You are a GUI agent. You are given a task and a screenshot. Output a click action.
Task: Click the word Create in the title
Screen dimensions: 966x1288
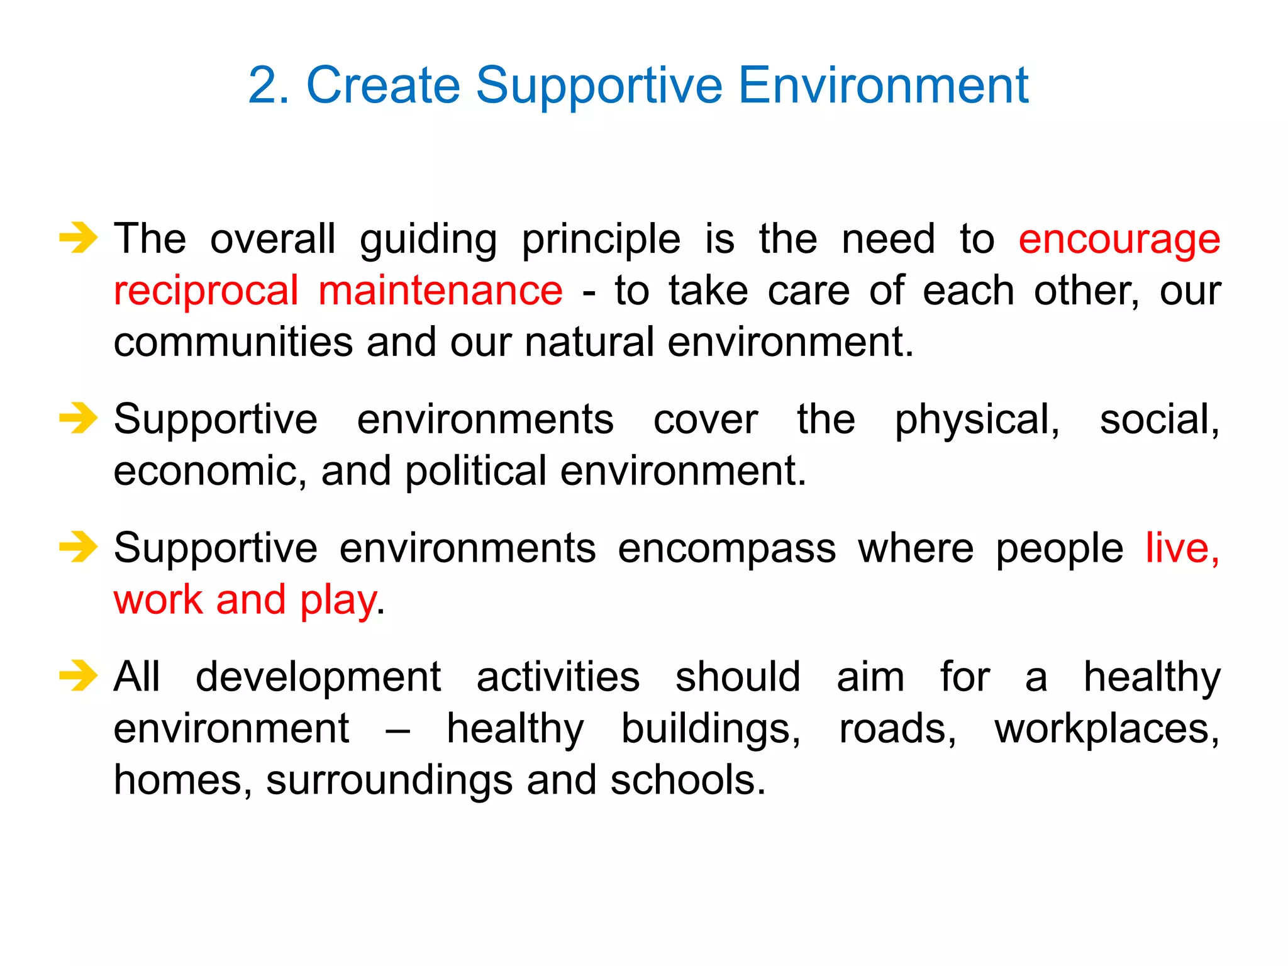click(x=383, y=86)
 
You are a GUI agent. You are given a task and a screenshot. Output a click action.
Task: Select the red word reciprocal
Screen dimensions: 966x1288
click(x=206, y=292)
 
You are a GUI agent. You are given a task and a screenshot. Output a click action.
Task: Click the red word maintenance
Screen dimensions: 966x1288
click(x=440, y=292)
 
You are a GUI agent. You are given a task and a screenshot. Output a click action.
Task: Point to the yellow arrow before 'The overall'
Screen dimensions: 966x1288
click(x=79, y=238)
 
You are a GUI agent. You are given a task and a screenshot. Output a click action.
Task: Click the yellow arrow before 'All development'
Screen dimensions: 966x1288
click(x=79, y=675)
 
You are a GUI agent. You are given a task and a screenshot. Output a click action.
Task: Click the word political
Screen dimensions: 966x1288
click(x=475, y=472)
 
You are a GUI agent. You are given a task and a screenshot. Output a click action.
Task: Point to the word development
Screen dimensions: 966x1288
click(x=318, y=679)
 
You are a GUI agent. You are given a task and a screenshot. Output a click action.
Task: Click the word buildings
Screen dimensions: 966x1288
click(x=711, y=730)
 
